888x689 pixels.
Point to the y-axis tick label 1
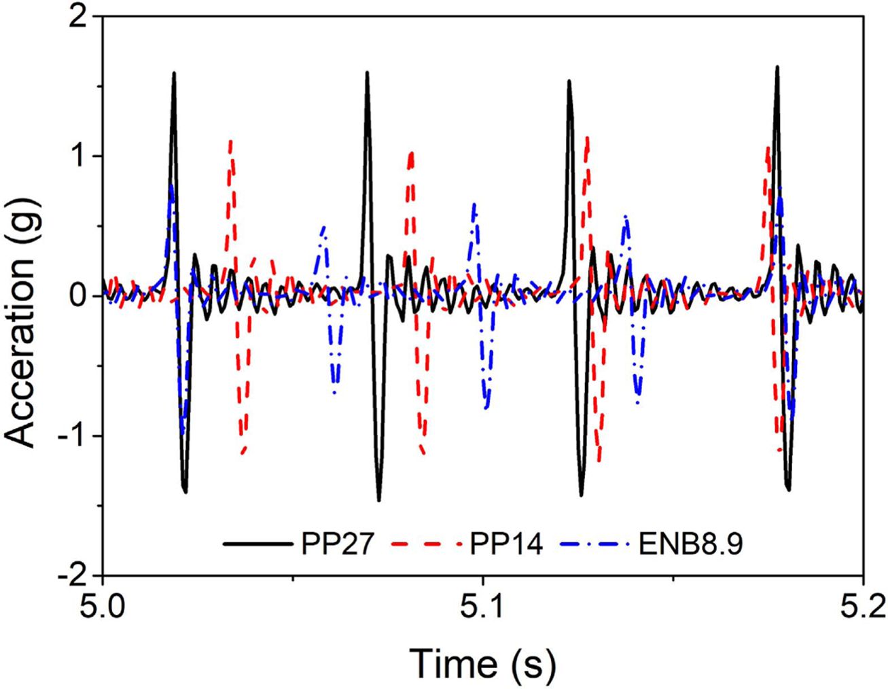point(79,156)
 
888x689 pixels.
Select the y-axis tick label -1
point(73,436)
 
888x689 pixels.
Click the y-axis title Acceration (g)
point(22,296)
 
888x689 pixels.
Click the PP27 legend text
point(336,544)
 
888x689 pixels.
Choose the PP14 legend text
point(506,544)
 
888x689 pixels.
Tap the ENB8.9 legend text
point(691,544)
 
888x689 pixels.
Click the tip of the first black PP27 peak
point(175,73)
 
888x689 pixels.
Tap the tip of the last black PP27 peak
point(777,67)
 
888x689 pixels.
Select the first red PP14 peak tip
point(231,141)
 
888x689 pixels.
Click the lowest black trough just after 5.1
point(582,495)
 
